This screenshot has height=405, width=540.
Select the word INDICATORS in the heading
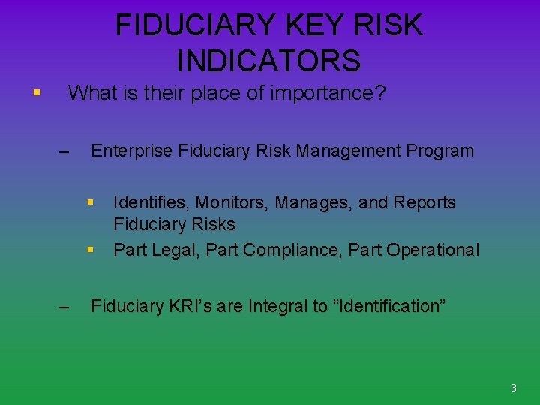269,61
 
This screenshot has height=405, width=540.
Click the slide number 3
514,388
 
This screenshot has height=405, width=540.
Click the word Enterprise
131,151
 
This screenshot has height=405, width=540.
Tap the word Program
440,151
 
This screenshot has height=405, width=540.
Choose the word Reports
424,202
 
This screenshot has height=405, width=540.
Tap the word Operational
433,250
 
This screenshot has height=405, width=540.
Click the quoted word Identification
389,306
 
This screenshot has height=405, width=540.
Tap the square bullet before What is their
36,94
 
